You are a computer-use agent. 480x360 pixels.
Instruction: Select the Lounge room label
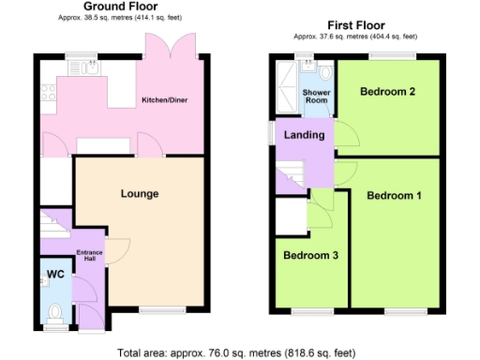(139, 194)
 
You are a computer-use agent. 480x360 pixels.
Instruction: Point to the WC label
(54, 275)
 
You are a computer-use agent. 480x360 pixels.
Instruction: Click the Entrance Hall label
(89, 255)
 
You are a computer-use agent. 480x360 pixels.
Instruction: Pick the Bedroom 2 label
(387, 92)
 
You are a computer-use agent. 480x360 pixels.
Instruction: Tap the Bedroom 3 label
(310, 255)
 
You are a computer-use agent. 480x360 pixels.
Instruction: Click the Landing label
(305, 135)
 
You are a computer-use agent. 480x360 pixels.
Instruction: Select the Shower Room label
(316, 97)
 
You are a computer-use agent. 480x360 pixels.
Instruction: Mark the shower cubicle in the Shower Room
(284, 86)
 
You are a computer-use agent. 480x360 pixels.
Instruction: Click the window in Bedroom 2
(386, 58)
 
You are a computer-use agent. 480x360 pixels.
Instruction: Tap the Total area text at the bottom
(237, 353)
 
